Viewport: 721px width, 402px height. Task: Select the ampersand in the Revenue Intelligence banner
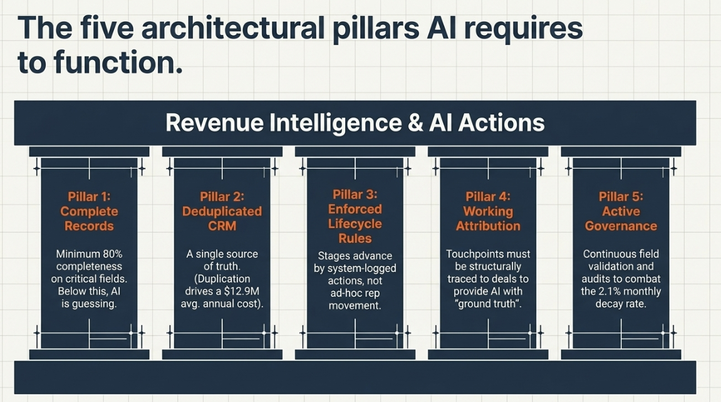pos(415,123)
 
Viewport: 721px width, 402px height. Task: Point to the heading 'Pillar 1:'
pos(89,197)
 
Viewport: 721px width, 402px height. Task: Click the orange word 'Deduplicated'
pos(222,212)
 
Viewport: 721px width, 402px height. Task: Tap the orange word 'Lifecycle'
pos(355,224)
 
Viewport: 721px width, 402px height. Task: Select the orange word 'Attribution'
pos(489,226)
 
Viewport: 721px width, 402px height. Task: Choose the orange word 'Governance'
pos(621,226)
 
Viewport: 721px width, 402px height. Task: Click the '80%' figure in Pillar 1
pos(112,254)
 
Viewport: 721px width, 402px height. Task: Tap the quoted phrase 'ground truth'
pos(489,304)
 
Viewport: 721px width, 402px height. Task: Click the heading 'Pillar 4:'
pos(489,197)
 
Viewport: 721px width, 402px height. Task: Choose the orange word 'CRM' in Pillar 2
pos(222,226)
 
